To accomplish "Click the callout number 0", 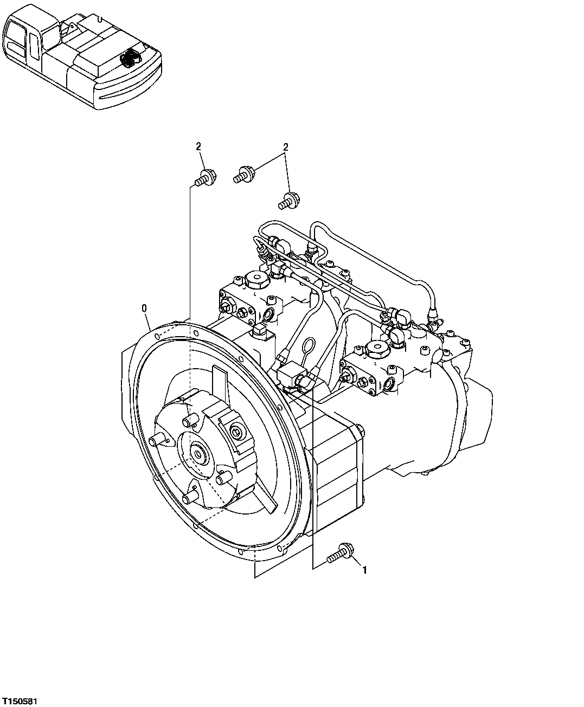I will [x=144, y=308].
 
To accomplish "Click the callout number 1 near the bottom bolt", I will [x=364, y=570].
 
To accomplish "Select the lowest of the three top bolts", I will [x=288, y=200].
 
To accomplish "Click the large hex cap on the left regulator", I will [x=254, y=281].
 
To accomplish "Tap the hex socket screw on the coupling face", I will [x=235, y=430].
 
